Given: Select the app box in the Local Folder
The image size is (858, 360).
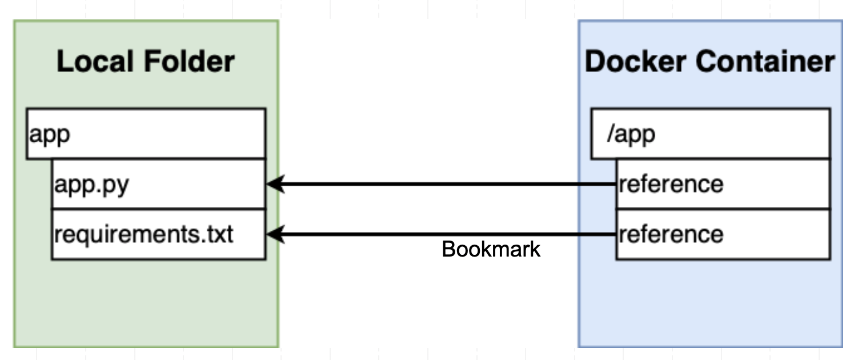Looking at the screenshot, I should (146, 134).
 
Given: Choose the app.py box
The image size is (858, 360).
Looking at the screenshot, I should (158, 184).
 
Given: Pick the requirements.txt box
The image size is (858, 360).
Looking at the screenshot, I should (158, 234).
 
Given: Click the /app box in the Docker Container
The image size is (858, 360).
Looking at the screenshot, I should (710, 134).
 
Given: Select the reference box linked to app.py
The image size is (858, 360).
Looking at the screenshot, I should (723, 184).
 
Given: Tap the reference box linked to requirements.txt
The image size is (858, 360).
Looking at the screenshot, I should (723, 234).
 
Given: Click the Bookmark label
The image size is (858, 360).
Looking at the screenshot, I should (491, 250).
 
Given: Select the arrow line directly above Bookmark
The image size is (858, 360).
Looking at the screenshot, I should (491, 234).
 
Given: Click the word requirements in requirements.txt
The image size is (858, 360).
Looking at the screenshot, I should (126, 235).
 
